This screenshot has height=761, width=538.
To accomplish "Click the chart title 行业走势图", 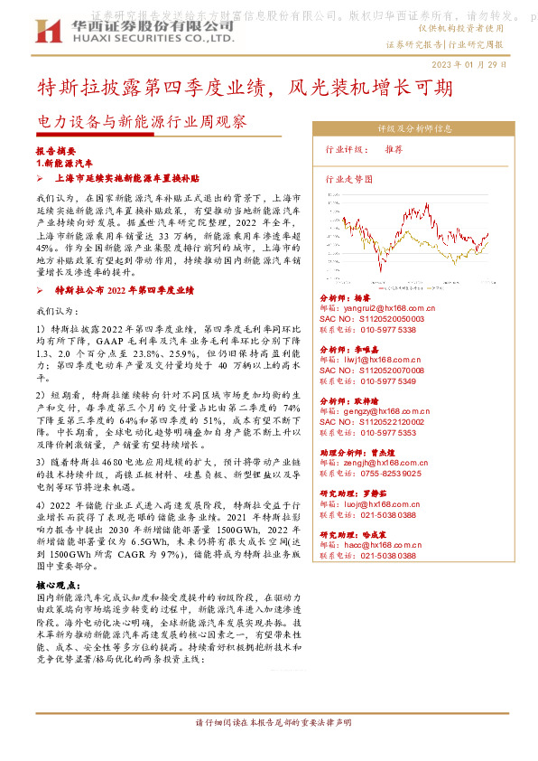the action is coord(348,179).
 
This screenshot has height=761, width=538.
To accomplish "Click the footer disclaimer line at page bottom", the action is coord(273,723).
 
